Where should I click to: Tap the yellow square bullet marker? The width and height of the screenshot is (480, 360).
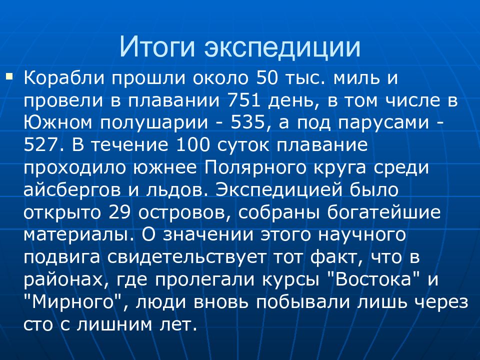(9, 76)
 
